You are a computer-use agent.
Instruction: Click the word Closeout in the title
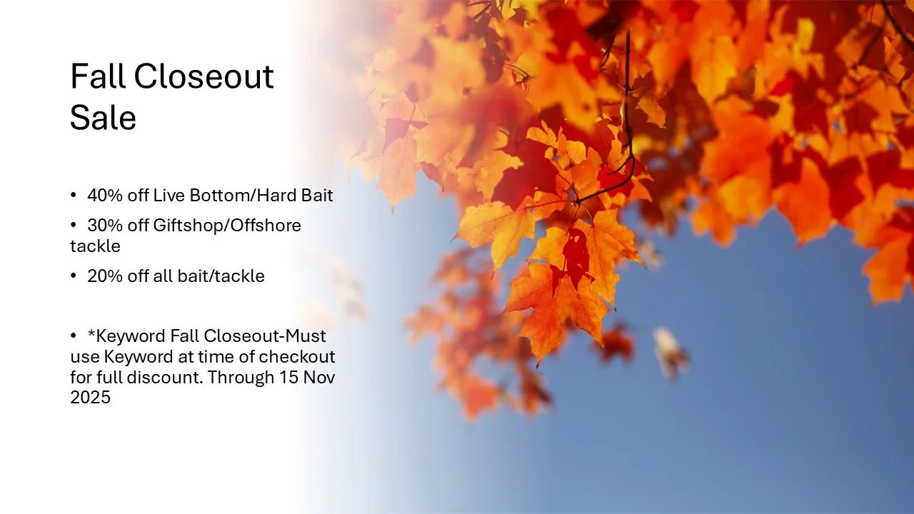coord(204,77)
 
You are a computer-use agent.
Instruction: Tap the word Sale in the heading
coord(103,118)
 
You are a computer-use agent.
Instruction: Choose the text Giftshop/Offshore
coord(227,226)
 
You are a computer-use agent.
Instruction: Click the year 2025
coord(90,398)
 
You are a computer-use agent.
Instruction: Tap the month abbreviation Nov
coord(319,377)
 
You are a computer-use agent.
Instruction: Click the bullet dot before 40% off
coord(74,196)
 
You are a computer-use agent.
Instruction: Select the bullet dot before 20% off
coord(74,276)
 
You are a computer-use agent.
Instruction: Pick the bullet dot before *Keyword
coord(74,336)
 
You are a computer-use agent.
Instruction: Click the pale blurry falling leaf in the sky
coord(670,349)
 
